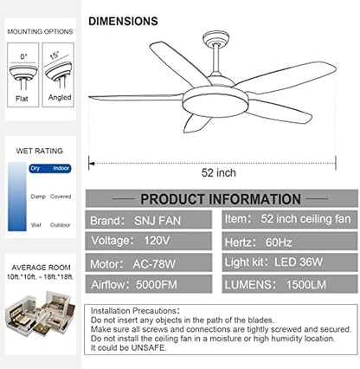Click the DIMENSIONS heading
123,19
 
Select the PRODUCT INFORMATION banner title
220,199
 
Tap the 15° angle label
55,54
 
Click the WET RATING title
39,150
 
